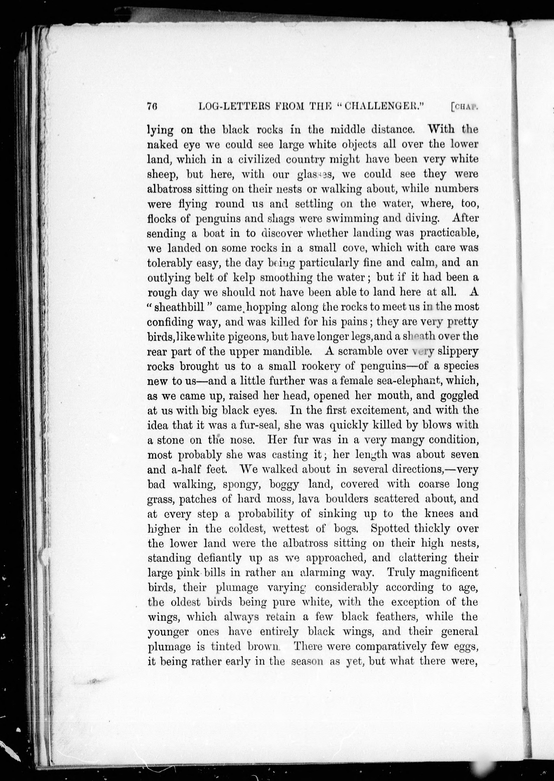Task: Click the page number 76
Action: click(x=152, y=106)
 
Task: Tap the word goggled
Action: click(x=459, y=396)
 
